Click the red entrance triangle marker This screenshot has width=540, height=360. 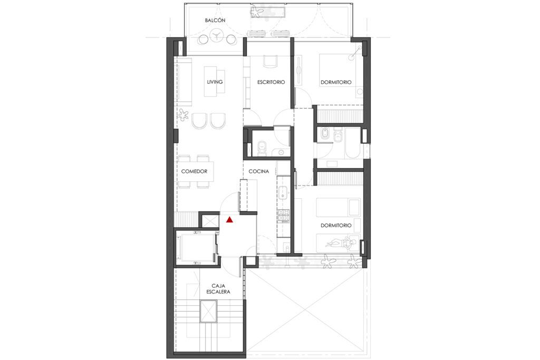coord(229,219)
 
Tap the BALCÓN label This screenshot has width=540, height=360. coord(215,20)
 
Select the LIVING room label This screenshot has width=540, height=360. coord(215,82)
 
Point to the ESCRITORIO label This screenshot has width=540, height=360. coord(271,82)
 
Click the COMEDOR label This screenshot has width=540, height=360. coord(195,171)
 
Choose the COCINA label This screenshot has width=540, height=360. coord(259,171)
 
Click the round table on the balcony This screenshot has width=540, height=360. coord(216,36)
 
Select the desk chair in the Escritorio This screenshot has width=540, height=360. coord(270,61)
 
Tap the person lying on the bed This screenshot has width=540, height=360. coord(340,244)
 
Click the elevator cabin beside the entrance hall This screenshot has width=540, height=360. coord(197,247)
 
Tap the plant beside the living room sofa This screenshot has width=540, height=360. coord(184,114)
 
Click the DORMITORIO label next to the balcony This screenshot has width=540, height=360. coord(336,82)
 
